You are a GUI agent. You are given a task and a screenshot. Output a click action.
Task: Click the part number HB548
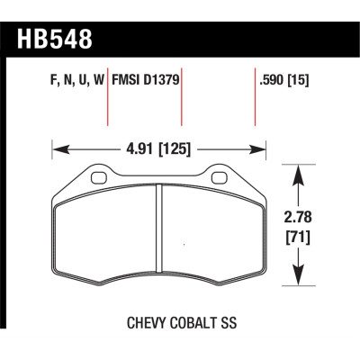55,39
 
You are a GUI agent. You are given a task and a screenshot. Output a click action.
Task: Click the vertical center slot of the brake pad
159,234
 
